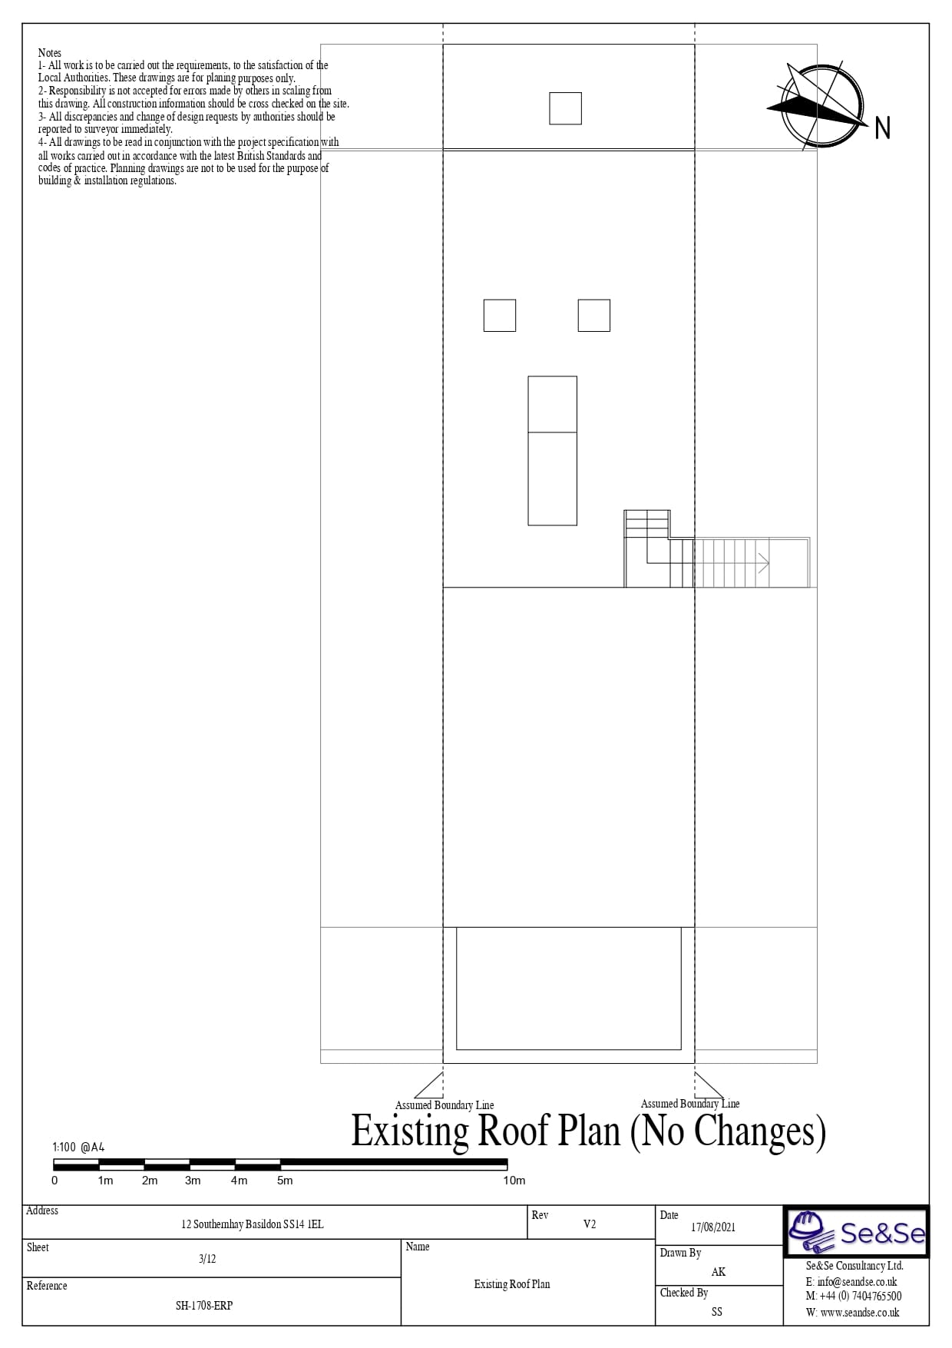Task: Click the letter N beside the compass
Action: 882,128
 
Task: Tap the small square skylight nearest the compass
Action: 565,108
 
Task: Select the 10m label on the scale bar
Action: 514,1180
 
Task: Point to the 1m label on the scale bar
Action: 105,1180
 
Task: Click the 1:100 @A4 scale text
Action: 78,1147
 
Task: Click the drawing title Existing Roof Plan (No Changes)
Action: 588,1130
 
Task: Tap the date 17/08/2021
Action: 713,1227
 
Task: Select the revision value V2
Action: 590,1224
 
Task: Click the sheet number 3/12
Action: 207,1258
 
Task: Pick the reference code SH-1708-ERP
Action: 204,1305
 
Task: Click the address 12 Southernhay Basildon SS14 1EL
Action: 253,1224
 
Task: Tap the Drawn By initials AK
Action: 719,1271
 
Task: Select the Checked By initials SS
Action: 717,1311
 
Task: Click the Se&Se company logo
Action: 856,1232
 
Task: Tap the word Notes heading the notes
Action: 50,53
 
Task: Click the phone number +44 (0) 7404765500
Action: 861,1296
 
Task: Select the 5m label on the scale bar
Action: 285,1180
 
